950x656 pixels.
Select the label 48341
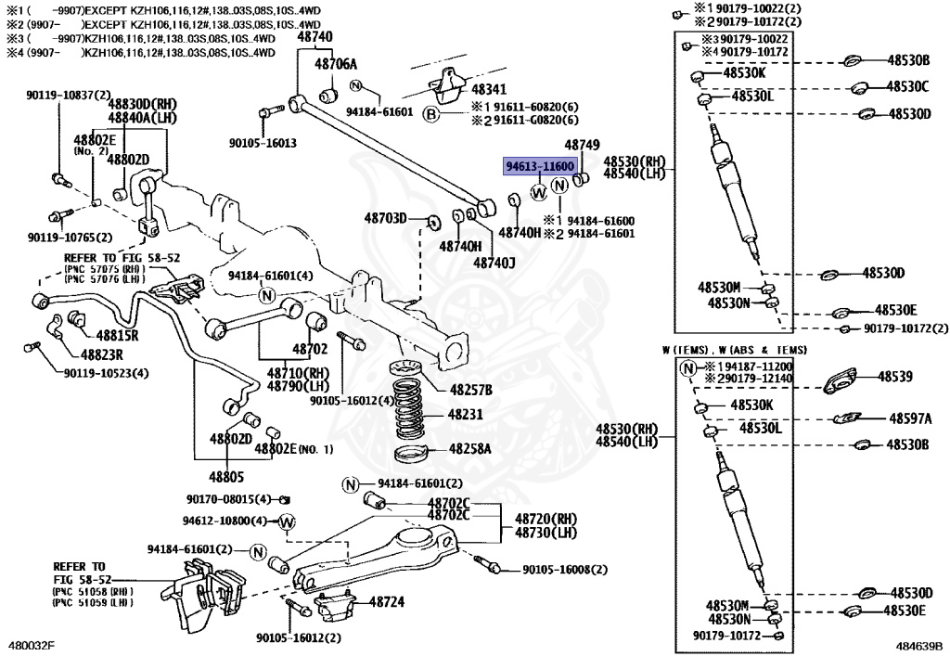pos(489,91)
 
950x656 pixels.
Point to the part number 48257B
pos(471,389)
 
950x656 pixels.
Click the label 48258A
pos(470,449)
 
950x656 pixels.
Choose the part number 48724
pos(387,602)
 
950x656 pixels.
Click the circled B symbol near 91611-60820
pos(430,114)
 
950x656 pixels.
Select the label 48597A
pos(910,418)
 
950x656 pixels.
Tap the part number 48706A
pos(335,64)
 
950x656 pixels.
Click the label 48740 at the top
pos(315,37)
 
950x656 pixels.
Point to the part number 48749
pos(583,146)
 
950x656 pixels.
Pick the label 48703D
pos(385,218)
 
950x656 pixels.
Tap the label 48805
pos(226,478)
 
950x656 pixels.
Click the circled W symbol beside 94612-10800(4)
pos(286,521)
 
